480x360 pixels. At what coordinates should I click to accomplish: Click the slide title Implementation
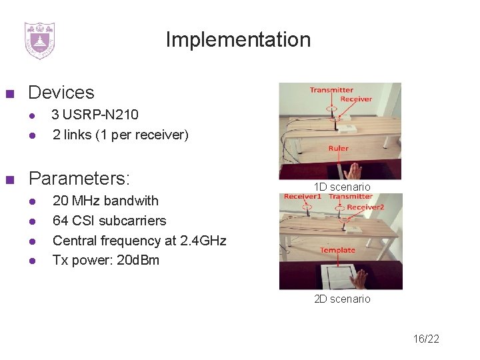[x=238, y=40]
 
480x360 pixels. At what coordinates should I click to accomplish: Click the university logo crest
[x=39, y=41]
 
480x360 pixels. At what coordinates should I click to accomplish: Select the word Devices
[x=61, y=93]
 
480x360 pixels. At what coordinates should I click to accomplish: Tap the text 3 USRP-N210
[x=95, y=115]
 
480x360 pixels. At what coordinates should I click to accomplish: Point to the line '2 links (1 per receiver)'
[x=120, y=135]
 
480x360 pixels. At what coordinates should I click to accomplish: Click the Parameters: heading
[x=79, y=179]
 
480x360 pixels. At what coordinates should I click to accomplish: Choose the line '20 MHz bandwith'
[x=105, y=201]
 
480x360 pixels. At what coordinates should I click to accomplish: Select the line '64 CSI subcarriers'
[x=109, y=221]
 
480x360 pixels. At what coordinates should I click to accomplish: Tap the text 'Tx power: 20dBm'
[x=105, y=260]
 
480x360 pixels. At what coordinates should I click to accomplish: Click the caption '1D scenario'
[x=343, y=187]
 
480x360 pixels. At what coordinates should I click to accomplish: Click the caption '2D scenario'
[x=342, y=299]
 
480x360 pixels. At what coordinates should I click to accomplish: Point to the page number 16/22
[x=426, y=339]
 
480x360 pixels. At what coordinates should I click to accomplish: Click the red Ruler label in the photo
[x=338, y=149]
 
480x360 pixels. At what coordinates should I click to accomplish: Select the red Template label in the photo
[x=337, y=250]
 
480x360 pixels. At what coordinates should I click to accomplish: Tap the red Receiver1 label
[x=302, y=197]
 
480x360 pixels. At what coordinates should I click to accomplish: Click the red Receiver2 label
[x=365, y=207]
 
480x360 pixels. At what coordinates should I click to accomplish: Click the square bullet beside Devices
[x=9, y=93]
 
